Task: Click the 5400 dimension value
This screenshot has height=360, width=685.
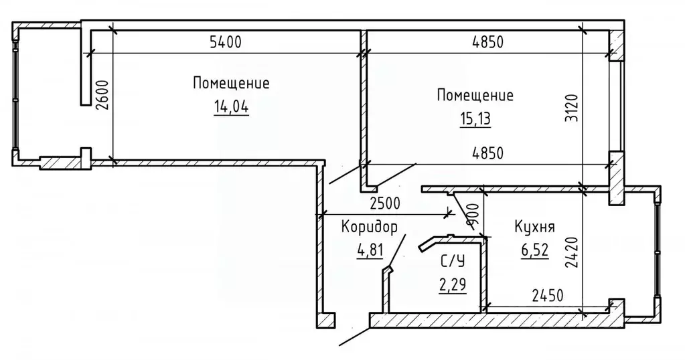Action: click(225, 43)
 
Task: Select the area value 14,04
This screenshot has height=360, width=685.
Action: click(231, 106)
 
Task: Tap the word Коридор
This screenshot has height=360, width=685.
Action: click(369, 227)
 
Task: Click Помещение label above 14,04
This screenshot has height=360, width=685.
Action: click(231, 84)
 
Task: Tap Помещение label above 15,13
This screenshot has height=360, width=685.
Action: click(475, 95)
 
